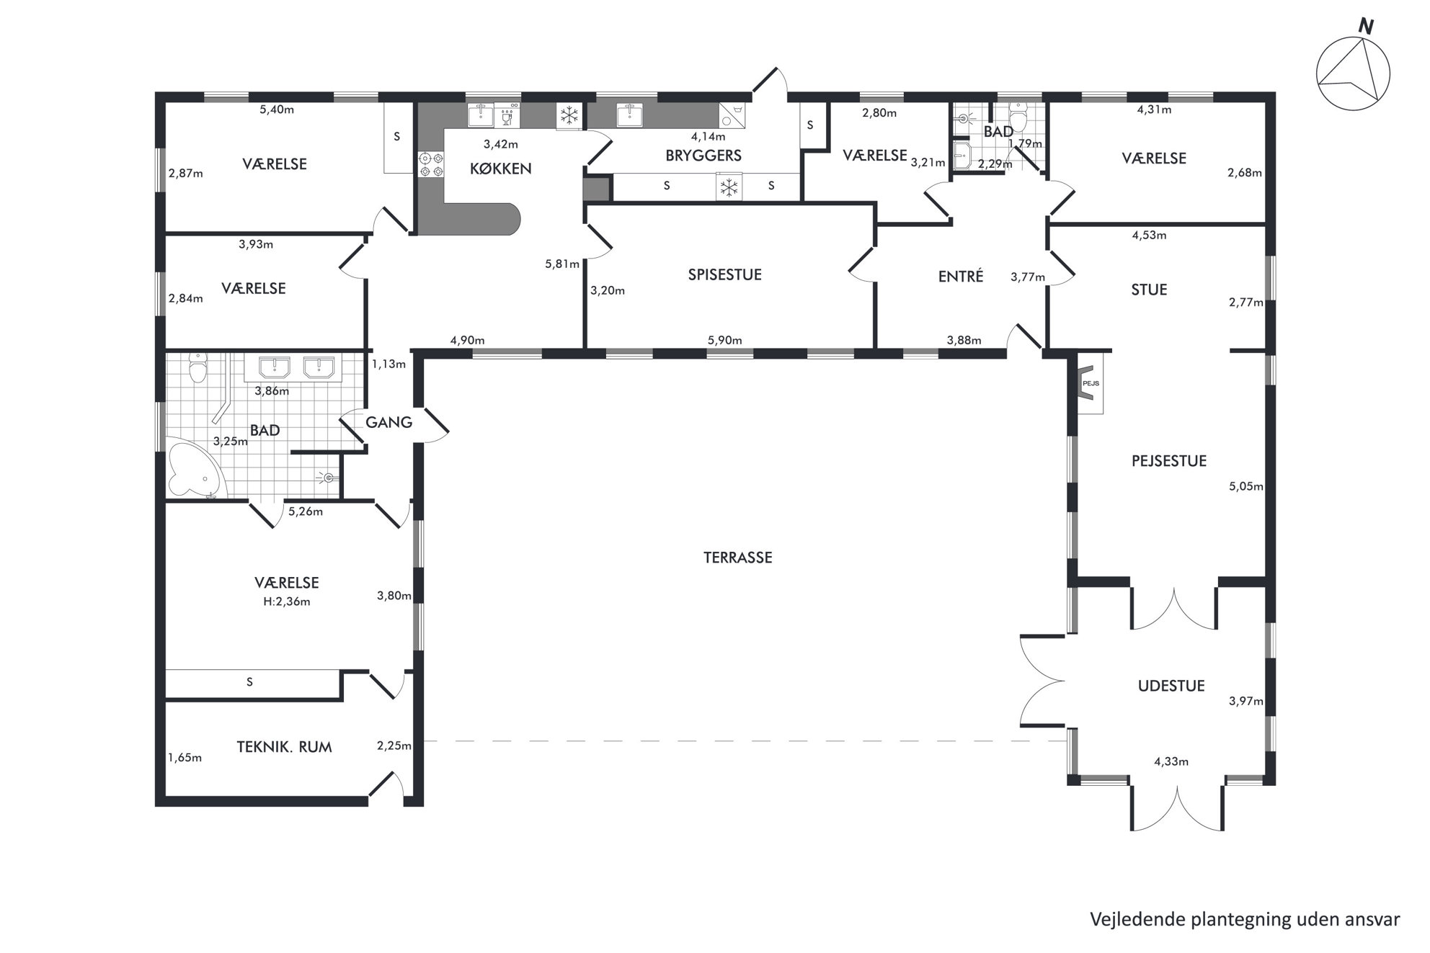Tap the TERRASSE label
point(737,558)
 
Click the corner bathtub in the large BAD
point(194,471)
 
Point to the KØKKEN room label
point(500,169)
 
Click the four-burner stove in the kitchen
point(430,165)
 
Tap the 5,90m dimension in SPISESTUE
point(724,341)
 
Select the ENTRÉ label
point(960,276)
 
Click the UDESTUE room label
point(1171,686)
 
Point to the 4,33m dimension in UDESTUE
point(1171,761)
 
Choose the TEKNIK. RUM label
point(284,747)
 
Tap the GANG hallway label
point(388,422)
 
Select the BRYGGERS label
point(703,156)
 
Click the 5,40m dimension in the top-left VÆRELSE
point(277,109)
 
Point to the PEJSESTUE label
point(1168,461)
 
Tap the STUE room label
point(1148,290)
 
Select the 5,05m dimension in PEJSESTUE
point(1245,486)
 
